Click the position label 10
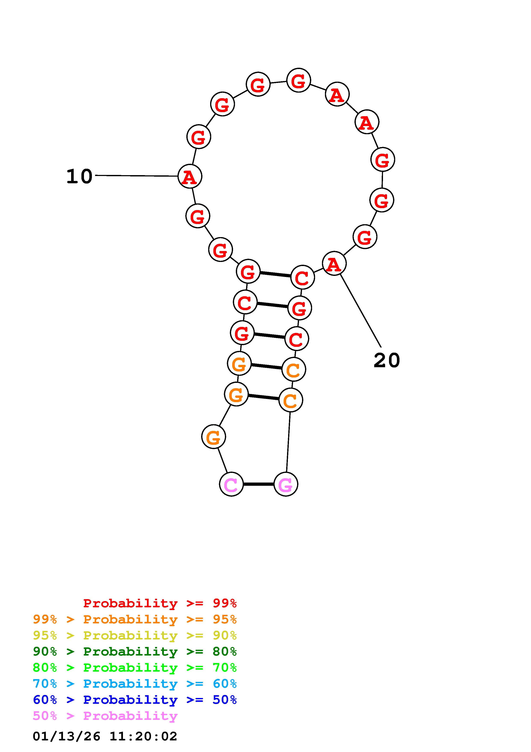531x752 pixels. (79, 177)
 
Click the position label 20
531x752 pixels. (386, 361)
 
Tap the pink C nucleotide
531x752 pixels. (231, 484)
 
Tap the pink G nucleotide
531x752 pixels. (286, 484)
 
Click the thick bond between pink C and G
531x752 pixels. (259, 484)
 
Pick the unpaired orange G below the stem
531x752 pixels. (214, 437)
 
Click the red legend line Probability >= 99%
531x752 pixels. (160, 603)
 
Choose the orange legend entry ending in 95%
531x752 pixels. (135, 619)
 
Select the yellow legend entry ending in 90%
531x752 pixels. (135, 635)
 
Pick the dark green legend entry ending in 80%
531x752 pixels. (135, 651)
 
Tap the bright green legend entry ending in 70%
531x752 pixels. (135, 668)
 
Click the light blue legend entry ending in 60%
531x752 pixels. (135, 684)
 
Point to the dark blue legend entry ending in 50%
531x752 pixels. (135, 700)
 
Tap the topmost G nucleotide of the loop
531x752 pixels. (298, 80)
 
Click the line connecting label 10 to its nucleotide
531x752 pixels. (136, 176)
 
